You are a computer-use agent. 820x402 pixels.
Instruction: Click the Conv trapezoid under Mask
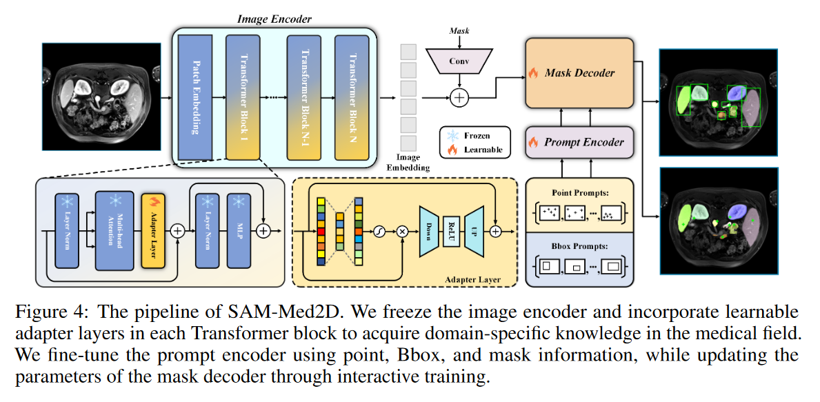click(459, 61)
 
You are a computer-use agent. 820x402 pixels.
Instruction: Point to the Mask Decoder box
click(579, 72)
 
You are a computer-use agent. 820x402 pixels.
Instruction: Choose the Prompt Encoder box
click(579, 143)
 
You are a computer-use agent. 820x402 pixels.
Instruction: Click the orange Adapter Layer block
click(152, 230)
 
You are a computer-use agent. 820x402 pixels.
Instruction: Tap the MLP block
click(238, 230)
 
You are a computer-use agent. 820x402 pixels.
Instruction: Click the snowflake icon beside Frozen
click(454, 136)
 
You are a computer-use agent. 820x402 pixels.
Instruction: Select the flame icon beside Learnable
click(454, 149)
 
